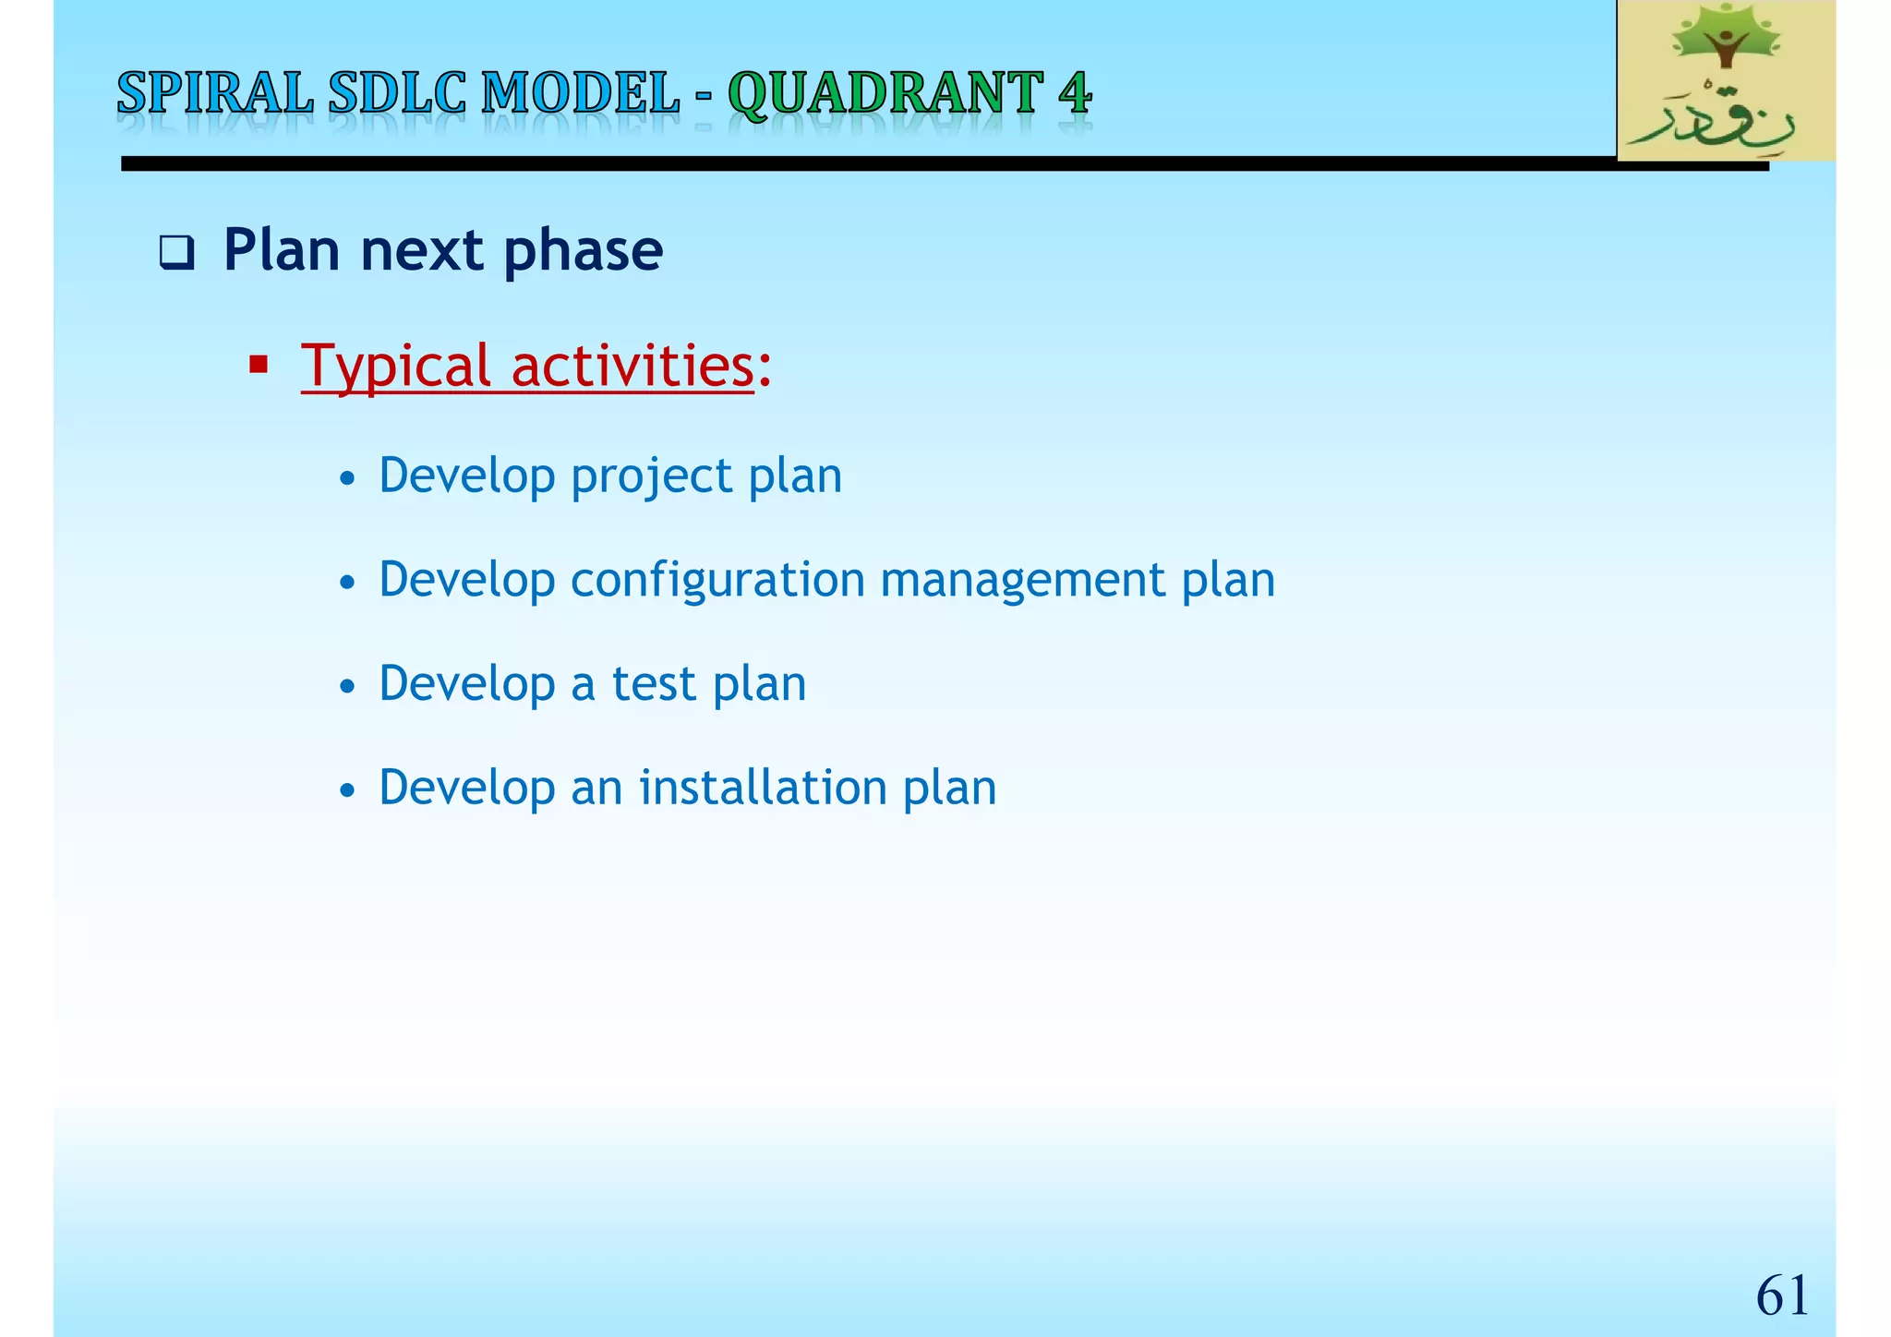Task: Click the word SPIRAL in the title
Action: pos(215,94)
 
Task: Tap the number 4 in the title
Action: pos(1075,94)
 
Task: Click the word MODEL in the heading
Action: pos(581,94)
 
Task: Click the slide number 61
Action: pos(1781,1295)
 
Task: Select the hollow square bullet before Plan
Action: pos(176,252)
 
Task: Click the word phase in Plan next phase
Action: pos(583,251)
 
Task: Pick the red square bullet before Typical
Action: pos(259,366)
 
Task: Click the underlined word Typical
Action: pos(395,367)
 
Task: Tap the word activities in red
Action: pos(632,366)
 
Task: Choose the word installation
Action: pos(763,788)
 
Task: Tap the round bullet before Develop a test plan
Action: pos(347,686)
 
